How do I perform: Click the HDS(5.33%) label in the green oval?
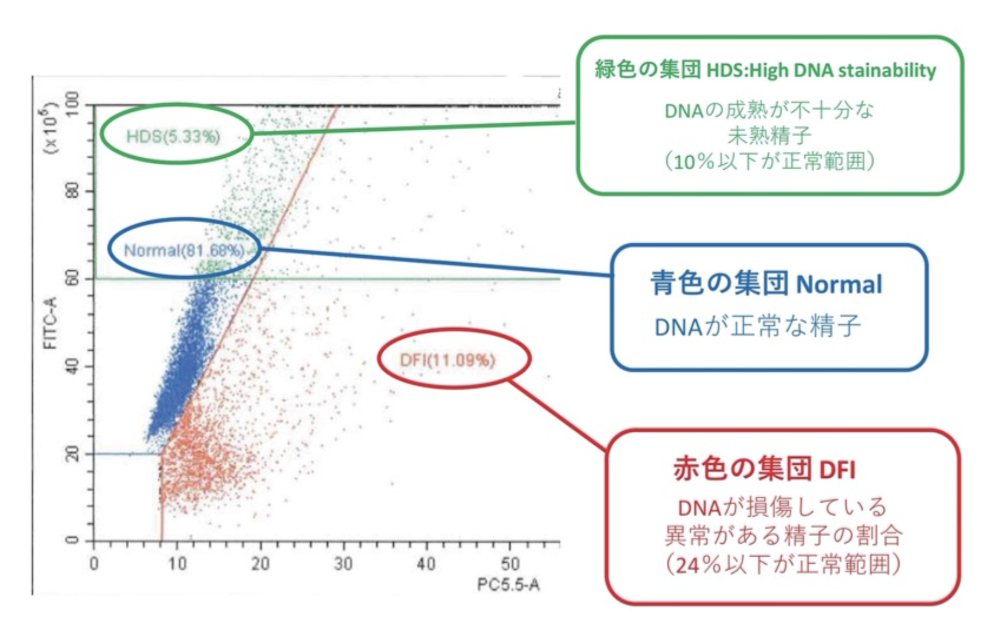click(x=173, y=137)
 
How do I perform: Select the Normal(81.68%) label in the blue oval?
click(x=184, y=250)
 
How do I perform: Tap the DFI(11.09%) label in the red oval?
click(x=448, y=359)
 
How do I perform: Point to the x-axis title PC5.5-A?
click(x=509, y=584)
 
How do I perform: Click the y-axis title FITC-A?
click(x=50, y=323)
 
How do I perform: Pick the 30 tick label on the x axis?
click(x=343, y=564)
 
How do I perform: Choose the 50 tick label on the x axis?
click(x=510, y=564)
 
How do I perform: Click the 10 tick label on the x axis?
click(x=177, y=564)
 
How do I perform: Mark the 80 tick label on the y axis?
click(x=73, y=191)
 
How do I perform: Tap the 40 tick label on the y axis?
click(x=73, y=366)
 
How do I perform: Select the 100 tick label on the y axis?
click(x=73, y=104)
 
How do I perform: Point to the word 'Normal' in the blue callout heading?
click(x=839, y=285)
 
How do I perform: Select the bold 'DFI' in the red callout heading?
click(x=837, y=470)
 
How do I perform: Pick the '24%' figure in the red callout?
click(x=698, y=565)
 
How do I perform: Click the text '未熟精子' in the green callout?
click(x=769, y=136)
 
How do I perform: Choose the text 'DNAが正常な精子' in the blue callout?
click(x=758, y=326)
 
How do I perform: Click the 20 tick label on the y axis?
click(x=73, y=454)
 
